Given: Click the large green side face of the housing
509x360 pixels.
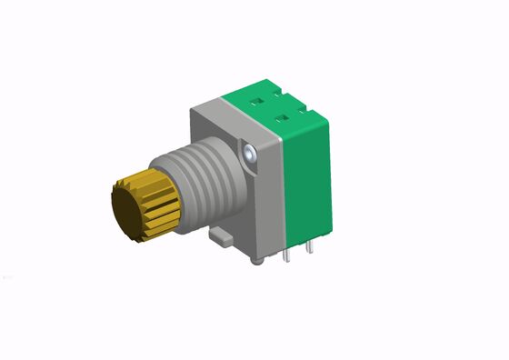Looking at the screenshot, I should [304, 182].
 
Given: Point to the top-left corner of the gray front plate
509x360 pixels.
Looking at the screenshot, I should [192, 109].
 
